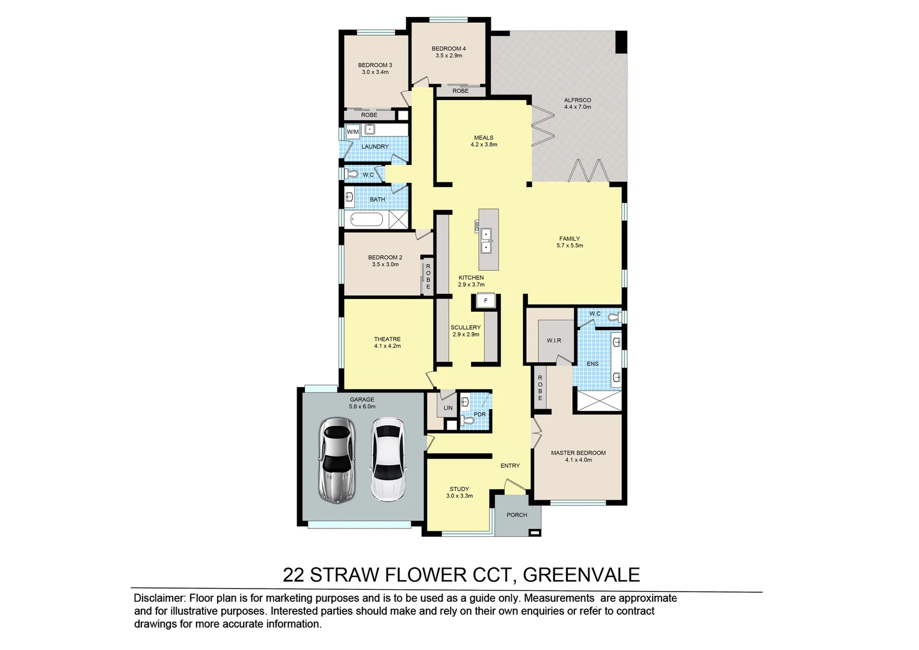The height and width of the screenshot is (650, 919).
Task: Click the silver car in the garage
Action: click(338, 460)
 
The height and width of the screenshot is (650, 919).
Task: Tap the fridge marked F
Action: click(485, 300)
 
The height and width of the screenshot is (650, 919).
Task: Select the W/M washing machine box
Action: click(352, 132)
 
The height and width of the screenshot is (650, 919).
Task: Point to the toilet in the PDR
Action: click(469, 422)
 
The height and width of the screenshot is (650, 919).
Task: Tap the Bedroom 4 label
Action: click(448, 49)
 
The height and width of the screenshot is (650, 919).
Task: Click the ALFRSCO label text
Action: click(577, 100)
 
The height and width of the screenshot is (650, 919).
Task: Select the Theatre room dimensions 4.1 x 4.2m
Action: click(387, 346)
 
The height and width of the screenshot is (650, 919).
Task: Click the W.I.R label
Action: click(553, 341)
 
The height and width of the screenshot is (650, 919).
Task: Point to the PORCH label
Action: click(517, 515)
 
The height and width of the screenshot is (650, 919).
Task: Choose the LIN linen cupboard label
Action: click(447, 408)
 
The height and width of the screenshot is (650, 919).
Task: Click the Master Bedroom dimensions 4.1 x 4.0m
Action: click(578, 460)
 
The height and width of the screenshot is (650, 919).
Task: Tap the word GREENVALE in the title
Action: click(581, 575)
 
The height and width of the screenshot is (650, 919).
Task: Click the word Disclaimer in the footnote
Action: click(159, 598)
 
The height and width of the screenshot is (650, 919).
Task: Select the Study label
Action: click(459, 489)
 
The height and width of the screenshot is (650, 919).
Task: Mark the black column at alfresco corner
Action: click(621, 42)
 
